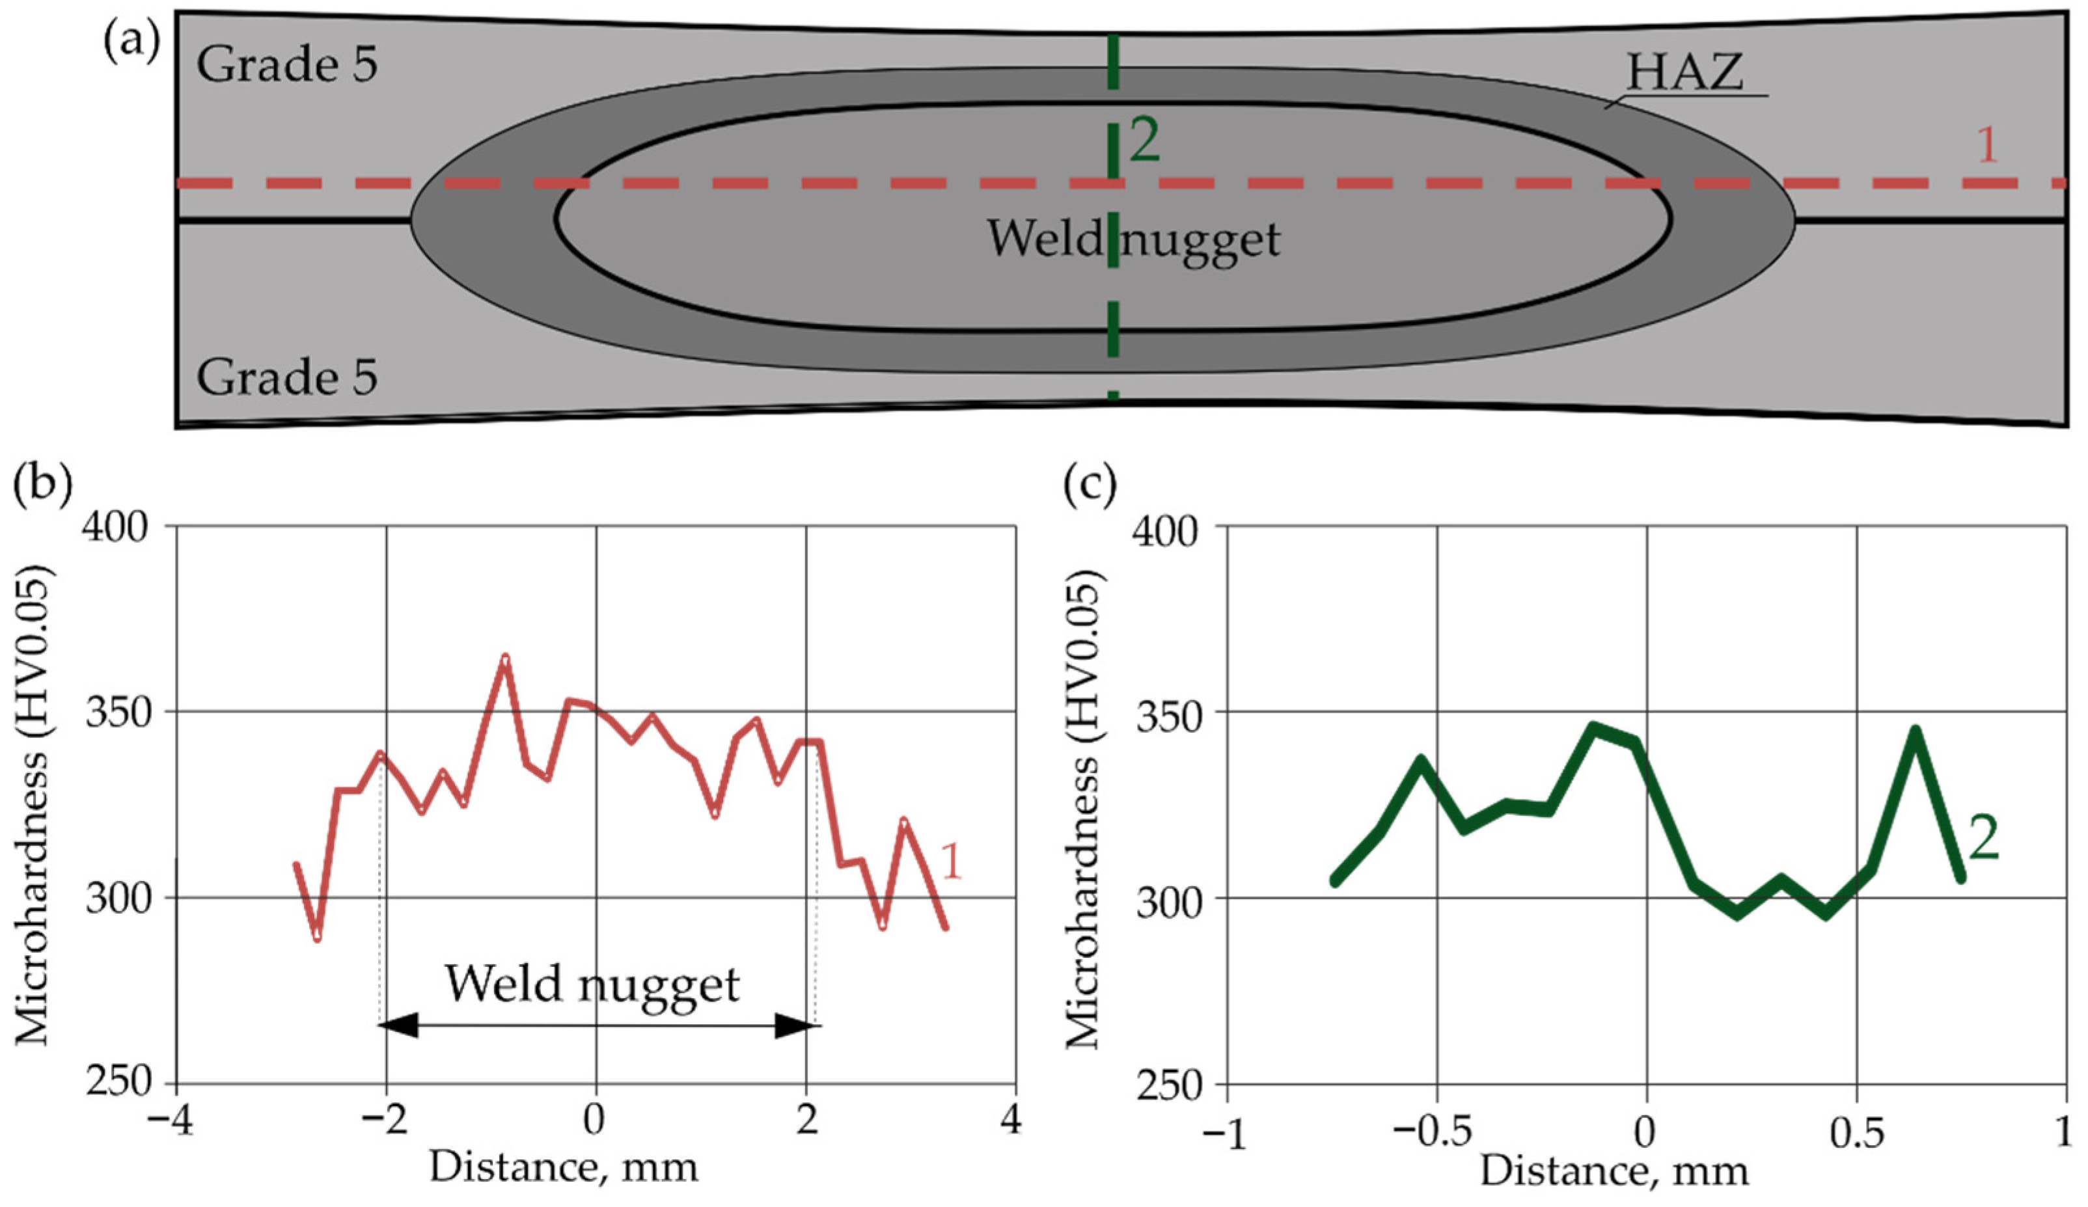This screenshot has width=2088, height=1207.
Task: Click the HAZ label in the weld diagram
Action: click(x=1684, y=73)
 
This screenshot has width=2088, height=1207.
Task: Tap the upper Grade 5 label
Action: click(x=286, y=64)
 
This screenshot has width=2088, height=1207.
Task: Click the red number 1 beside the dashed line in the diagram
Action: click(x=1987, y=146)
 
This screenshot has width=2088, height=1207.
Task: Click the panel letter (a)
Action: click(x=131, y=42)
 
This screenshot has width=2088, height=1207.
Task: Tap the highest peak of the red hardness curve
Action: click(x=504, y=658)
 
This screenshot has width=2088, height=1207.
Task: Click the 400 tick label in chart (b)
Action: click(x=116, y=527)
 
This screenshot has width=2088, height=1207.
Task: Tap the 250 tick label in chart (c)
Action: click(x=1166, y=1085)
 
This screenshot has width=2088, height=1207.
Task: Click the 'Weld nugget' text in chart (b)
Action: click(x=592, y=984)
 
